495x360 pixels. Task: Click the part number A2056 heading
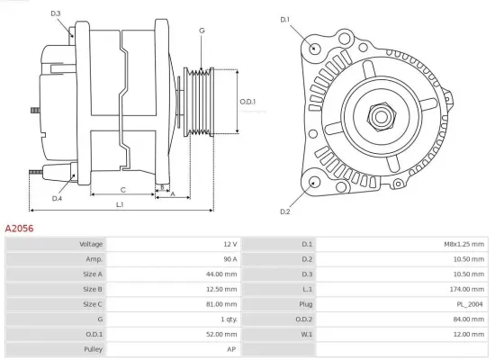[x=20, y=229]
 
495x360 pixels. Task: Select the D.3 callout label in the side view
[x=56, y=13]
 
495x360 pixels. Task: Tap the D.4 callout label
[x=57, y=198]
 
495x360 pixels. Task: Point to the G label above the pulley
[x=202, y=31]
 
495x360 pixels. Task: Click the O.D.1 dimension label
[x=247, y=101]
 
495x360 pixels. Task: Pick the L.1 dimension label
[x=120, y=205]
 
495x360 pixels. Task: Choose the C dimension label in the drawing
[x=122, y=190]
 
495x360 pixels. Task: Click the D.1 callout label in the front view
[x=285, y=19]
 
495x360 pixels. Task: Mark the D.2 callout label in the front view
[x=285, y=211]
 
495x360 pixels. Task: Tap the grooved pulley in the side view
[x=197, y=100]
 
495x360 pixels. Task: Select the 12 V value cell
[x=229, y=244]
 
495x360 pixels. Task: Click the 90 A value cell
[x=229, y=259]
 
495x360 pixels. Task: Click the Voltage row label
[x=91, y=244]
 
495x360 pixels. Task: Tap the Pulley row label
[x=94, y=348]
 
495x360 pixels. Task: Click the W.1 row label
[x=307, y=334]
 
